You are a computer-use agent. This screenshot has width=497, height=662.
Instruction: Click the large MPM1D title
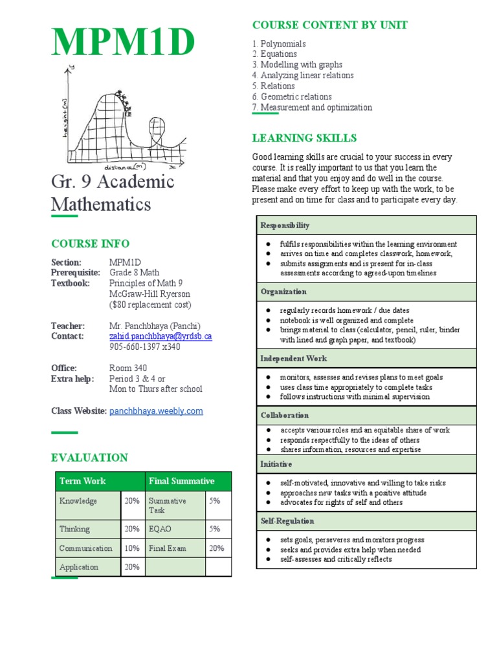coord(123,43)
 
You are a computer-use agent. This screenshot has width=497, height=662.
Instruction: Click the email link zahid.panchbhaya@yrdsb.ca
coord(160,336)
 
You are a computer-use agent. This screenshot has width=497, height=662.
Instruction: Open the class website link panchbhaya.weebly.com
coord(156,411)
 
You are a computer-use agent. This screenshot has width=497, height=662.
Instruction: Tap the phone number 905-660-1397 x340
coord(145,347)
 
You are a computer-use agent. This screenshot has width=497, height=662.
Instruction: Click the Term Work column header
coord(82,481)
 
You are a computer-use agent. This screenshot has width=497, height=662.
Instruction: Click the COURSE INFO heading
coord(90,244)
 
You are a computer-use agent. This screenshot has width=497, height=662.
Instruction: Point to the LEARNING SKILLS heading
coord(304,138)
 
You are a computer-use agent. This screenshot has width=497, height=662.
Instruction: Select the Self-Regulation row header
coord(287,521)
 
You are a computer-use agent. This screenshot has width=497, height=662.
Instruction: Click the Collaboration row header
coord(285,415)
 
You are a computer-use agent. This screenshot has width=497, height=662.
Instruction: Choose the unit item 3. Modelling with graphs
coord(297,65)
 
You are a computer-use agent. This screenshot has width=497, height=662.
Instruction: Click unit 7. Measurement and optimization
coord(312,107)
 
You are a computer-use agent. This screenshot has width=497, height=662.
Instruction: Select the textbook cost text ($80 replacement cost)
coord(150,304)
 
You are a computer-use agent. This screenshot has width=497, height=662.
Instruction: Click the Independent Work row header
coord(294,358)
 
